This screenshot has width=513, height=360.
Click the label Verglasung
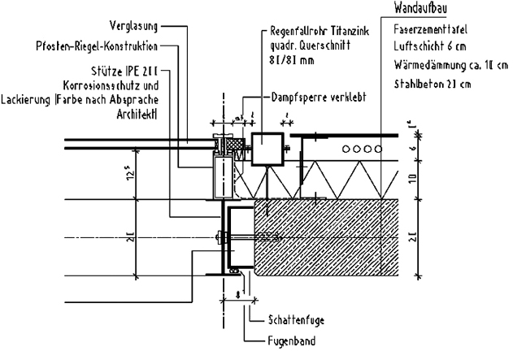[131, 24]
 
